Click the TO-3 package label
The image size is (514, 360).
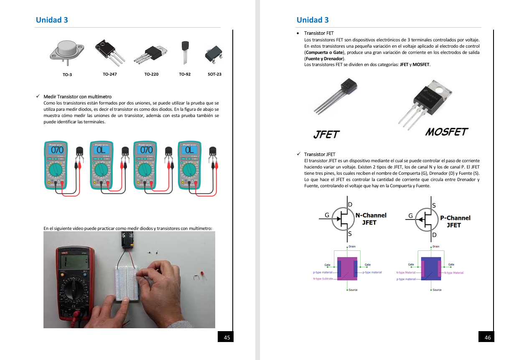pos(67,74)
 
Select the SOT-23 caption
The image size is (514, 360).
pos(214,74)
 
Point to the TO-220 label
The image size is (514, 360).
pos(151,74)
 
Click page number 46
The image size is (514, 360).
pos(488,337)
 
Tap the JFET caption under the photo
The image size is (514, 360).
pos(326,134)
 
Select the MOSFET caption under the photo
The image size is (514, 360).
pos(447,132)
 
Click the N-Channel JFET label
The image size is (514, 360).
pos(371,219)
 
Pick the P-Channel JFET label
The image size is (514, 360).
pos(455,221)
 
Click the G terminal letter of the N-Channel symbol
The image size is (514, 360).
pos(327,215)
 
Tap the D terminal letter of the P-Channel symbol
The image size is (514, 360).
pos(434,235)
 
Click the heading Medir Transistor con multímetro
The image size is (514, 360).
pos(77,97)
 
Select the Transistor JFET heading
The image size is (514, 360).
pos(320,154)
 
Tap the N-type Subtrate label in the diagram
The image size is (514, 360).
pos(323,278)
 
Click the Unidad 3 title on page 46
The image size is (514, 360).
pos(313,20)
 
